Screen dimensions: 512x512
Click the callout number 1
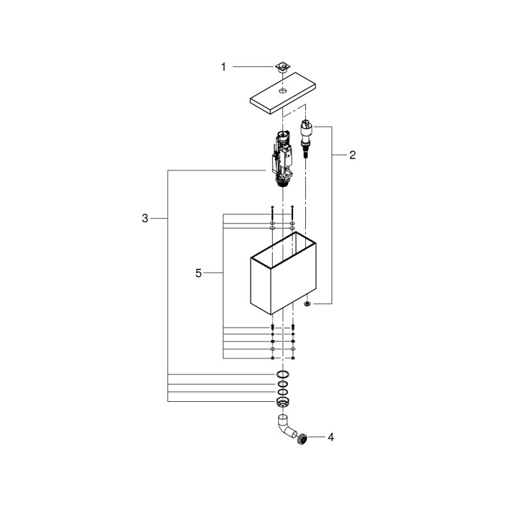pyautogui.click(x=223, y=67)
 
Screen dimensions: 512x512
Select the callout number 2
pyautogui.click(x=353, y=155)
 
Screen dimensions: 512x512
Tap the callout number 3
pyautogui.click(x=145, y=218)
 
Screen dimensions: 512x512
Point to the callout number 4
pyautogui.click(x=331, y=437)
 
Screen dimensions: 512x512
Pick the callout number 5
pyautogui.click(x=198, y=273)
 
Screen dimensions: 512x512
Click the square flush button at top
pyautogui.click(x=282, y=68)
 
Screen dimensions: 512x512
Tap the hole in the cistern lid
pyautogui.click(x=283, y=90)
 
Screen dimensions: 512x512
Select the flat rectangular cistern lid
pyautogui.click(x=283, y=94)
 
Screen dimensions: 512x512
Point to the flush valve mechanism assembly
pyautogui.click(x=282, y=158)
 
